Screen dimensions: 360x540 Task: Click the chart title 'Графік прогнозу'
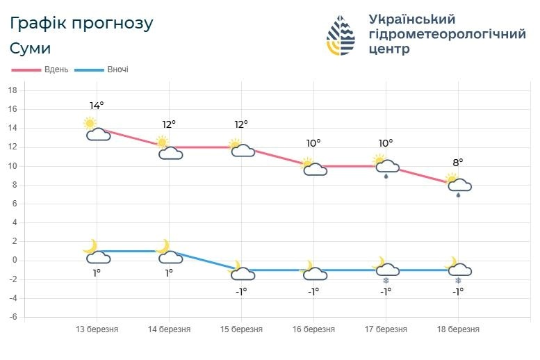pos(81,23)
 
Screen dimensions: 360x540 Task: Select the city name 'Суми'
pos(30,49)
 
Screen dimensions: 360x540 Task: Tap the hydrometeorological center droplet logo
pos(342,35)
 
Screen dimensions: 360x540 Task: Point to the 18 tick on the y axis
pos(12,90)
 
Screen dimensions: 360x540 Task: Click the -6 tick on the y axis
pos(11,317)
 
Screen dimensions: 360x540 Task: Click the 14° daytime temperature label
pos(97,106)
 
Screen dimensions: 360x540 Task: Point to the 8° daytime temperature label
pos(458,163)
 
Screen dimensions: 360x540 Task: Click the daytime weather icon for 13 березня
pos(97,129)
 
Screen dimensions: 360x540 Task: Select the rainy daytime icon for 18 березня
pos(458,186)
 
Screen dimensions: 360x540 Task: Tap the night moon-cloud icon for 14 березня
pos(169,252)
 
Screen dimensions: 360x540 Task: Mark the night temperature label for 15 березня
pos(241,291)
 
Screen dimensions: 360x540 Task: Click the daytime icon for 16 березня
pos(313,167)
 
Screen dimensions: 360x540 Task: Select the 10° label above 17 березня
pos(386,143)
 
